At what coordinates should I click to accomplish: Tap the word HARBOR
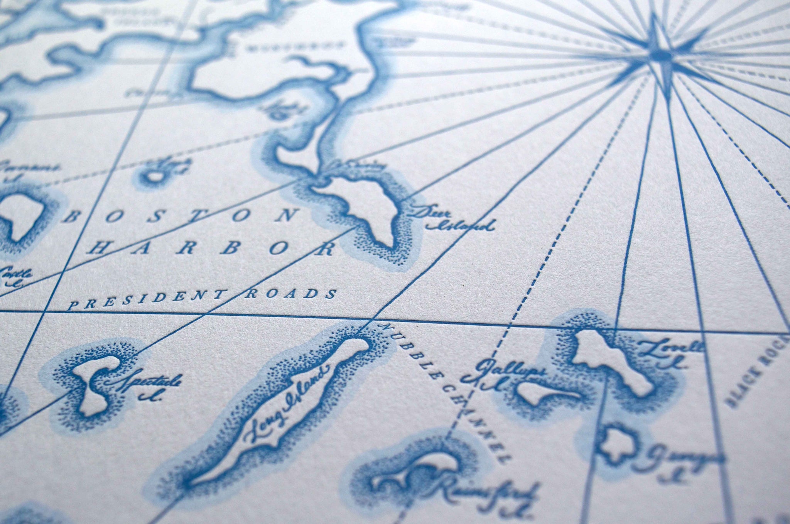[210, 248]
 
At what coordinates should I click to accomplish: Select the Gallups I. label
[501, 374]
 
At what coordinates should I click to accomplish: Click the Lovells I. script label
[669, 353]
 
